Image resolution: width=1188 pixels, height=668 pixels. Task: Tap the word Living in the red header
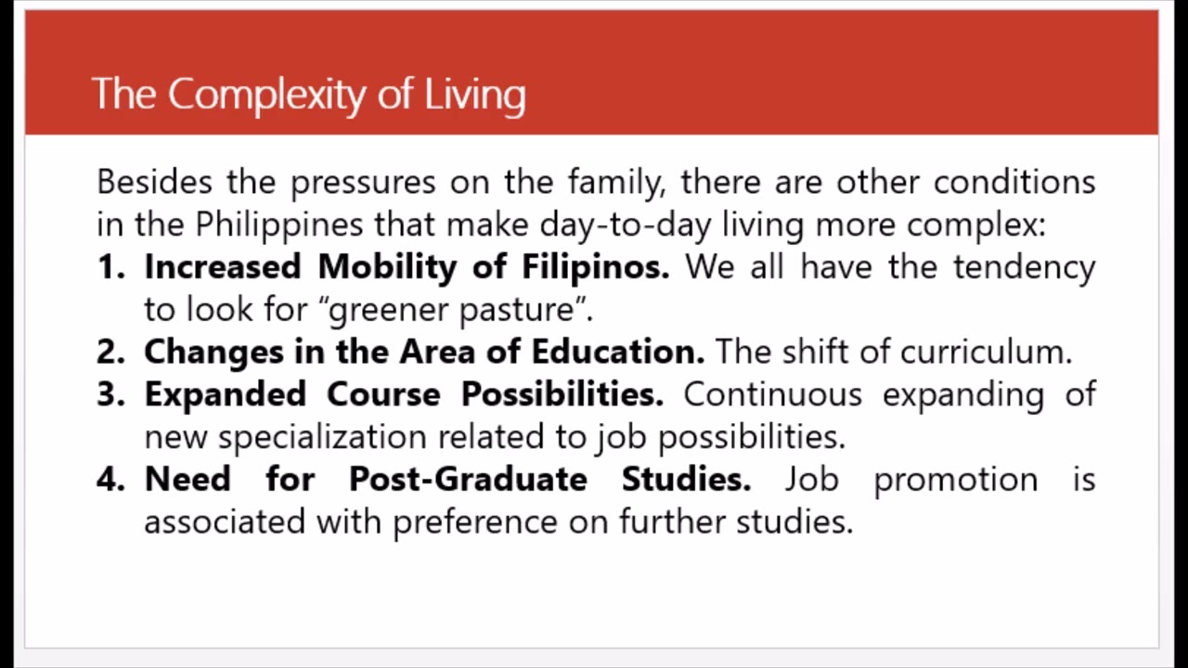click(x=475, y=95)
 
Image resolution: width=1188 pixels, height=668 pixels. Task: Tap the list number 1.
click(x=110, y=267)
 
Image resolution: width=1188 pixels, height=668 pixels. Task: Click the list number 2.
click(x=110, y=353)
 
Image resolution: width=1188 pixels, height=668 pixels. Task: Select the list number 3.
click(x=110, y=394)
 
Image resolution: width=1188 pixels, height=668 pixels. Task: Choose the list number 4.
click(x=110, y=480)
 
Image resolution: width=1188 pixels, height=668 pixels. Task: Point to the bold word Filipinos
click(x=594, y=268)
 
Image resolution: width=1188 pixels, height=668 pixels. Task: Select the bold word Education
click(x=617, y=353)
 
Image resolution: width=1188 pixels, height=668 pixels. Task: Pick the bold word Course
click(x=383, y=394)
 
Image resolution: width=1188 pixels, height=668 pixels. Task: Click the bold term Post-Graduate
click(x=468, y=480)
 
